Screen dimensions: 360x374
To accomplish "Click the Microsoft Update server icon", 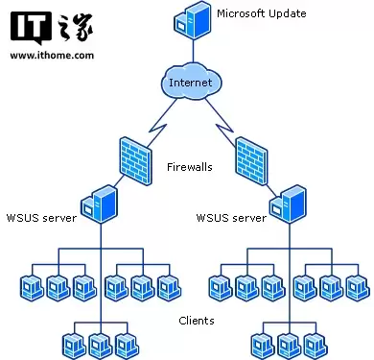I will tap(189, 19).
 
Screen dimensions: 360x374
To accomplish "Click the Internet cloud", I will tap(188, 83).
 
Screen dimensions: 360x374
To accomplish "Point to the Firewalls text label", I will tap(189, 166).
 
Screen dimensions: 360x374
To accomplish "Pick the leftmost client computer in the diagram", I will tap(32, 286).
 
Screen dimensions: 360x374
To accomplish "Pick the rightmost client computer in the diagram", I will tap(358, 286).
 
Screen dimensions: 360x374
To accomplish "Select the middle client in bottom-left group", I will tap(100, 344).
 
